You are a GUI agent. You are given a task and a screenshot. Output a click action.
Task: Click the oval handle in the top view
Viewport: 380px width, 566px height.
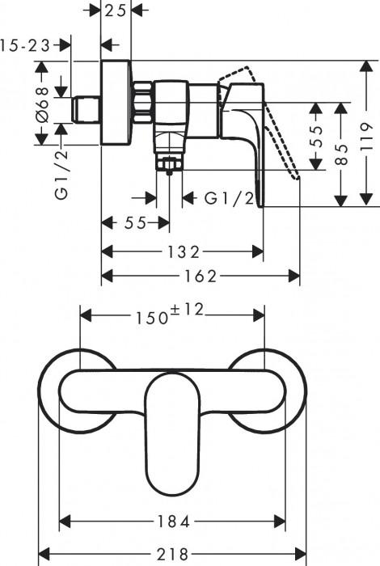point(171,429)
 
